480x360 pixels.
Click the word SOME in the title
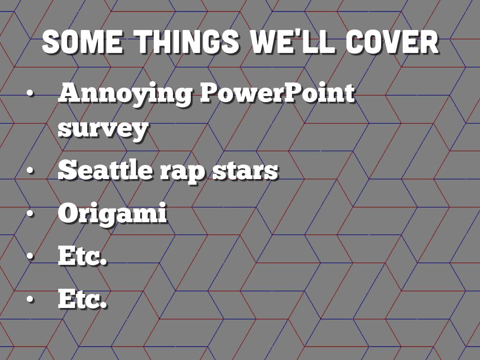pos(82,42)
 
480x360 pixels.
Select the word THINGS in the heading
pos(187,42)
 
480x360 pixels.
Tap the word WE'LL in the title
pos(292,42)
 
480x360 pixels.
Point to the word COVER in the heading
pos(392,42)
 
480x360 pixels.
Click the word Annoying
pos(125,94)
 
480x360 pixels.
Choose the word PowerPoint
pos(277,92)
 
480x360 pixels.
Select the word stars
pos(245,171)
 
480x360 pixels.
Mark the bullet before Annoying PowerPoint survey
pos(30,93)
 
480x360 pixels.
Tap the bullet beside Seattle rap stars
pos(30,170)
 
